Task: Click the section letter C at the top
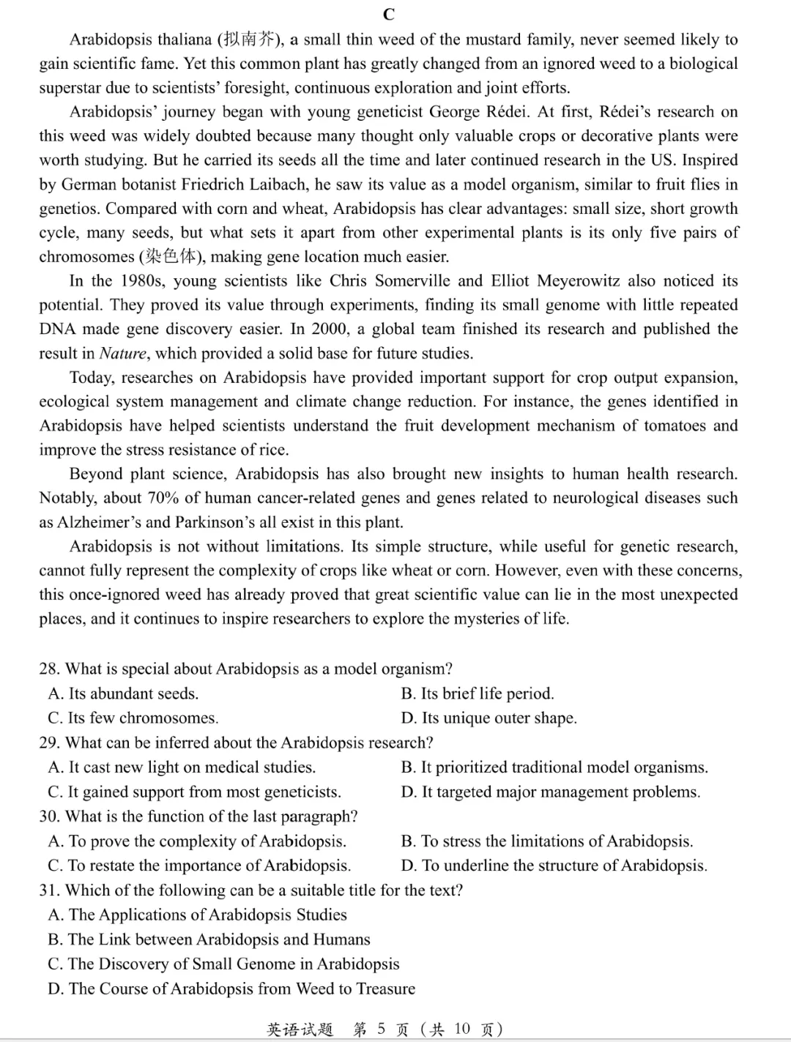point(389,14)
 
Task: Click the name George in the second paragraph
point(455,112)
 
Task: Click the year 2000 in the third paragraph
point(330,330)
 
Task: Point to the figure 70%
point(164,499)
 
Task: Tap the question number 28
point(49,669)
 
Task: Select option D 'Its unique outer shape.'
point(489,718)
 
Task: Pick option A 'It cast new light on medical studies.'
point(182,767)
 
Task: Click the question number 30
point(49,816)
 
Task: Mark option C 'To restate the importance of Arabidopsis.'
point(199,866)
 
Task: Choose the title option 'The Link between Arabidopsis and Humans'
point(209,939)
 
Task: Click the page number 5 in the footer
point(381,1029)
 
